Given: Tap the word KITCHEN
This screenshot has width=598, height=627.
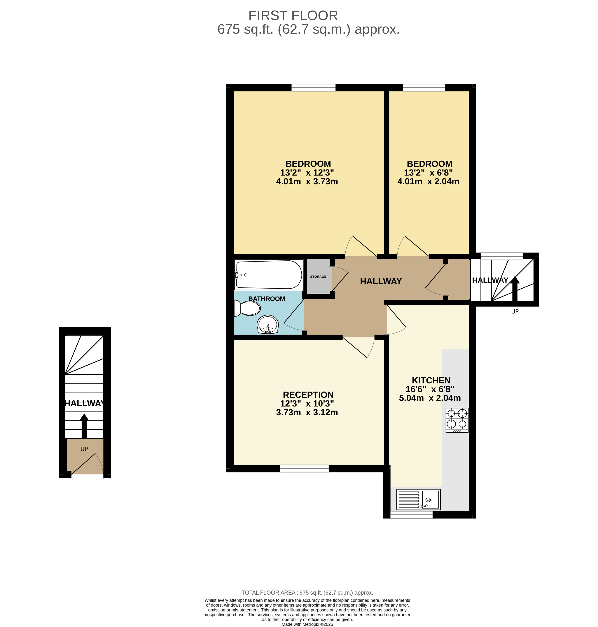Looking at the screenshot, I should tap(431, 380).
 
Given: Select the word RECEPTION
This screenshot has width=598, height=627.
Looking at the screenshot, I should tap(308, 395).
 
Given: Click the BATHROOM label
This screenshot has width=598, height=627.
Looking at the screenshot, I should tap(267, 299).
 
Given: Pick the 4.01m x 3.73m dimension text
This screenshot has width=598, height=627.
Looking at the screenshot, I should tap(307, 182).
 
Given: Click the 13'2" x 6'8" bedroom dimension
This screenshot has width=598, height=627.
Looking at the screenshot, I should tap(428, 173).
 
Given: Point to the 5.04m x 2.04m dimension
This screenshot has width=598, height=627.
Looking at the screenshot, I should tap(430, 398).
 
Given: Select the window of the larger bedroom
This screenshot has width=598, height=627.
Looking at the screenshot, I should tap(313, 87).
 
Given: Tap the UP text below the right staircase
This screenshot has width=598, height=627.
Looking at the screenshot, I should tap(515, 311).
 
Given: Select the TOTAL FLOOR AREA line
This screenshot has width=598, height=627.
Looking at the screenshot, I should tap(307, 593).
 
